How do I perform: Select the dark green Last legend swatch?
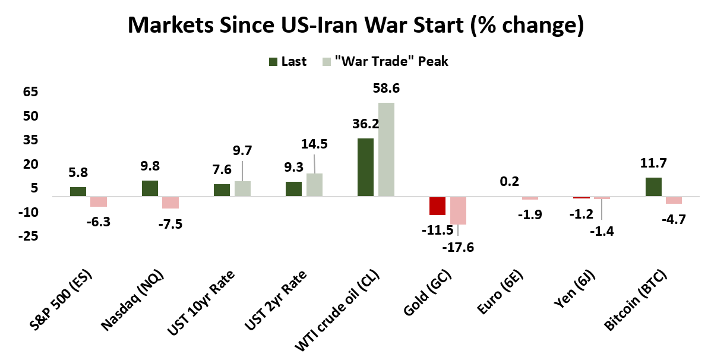coord(273,61)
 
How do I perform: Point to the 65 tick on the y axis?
coord(30,92)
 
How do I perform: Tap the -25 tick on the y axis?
coord(28,236)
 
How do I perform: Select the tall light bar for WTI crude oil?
coord(386,149)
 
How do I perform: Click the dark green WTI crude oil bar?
coord(365,167)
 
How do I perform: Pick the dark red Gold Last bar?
coord(437,206)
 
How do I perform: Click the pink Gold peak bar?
coord(458,210)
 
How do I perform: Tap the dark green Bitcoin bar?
coord(653,187)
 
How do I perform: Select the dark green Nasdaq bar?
coord(150,188)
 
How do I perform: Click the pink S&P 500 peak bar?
coord(99,201)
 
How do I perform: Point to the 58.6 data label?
coord(386,89)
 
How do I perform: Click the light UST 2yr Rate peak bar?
coord(314,184)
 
